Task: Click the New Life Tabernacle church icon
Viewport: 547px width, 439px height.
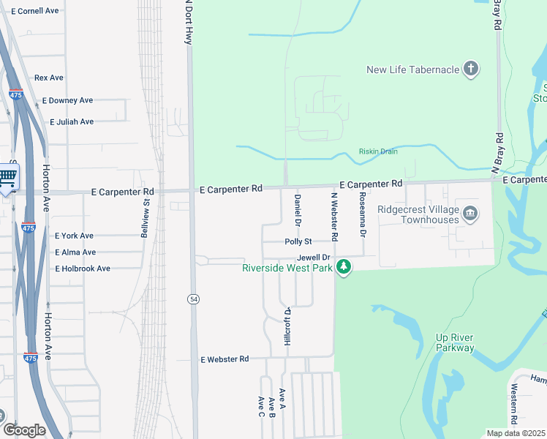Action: click(x=472, y=70)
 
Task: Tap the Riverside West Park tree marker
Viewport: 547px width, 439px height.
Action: click(x=342, y=269)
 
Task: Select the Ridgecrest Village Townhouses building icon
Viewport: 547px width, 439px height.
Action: click(x=471, y=214)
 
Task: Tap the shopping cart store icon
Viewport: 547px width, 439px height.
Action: click(x=7, y=176)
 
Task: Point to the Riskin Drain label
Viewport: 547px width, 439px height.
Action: click(x=378, y=151)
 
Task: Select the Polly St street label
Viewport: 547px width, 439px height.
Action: click(x=298, y=241)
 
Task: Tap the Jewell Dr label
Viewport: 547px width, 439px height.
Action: click(x=314, y=258)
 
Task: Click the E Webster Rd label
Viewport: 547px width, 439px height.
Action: click(x=225, y=359)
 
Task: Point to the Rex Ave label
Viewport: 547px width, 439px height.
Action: click(x=49, y=78)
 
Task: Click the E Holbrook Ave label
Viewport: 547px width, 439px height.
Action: click(x=82, y=269)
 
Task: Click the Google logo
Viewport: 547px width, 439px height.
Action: click(x=24, y=430)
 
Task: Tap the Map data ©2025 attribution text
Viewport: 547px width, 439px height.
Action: click(x=516, y=433)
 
